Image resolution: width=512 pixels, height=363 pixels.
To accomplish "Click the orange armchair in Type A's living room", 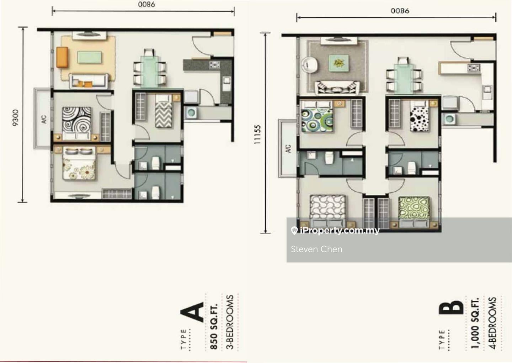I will coord(62,57).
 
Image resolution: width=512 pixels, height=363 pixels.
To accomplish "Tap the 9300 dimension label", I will coord(15,117).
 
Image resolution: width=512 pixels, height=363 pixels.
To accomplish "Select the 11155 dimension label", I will coord(257,134).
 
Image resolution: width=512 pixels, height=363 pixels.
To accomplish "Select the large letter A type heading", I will coord(193,312).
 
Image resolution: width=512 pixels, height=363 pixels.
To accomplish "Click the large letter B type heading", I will coord(451,308).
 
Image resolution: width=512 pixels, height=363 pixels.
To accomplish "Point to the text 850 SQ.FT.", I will coord(213,326).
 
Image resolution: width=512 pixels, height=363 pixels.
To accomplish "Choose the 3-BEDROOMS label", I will coord(230,322).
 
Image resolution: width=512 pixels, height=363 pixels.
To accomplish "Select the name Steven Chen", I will coord(316,249).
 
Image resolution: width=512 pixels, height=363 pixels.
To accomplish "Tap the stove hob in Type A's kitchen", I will coord(214,65).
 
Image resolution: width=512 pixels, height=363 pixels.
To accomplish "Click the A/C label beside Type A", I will coord(44,119).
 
